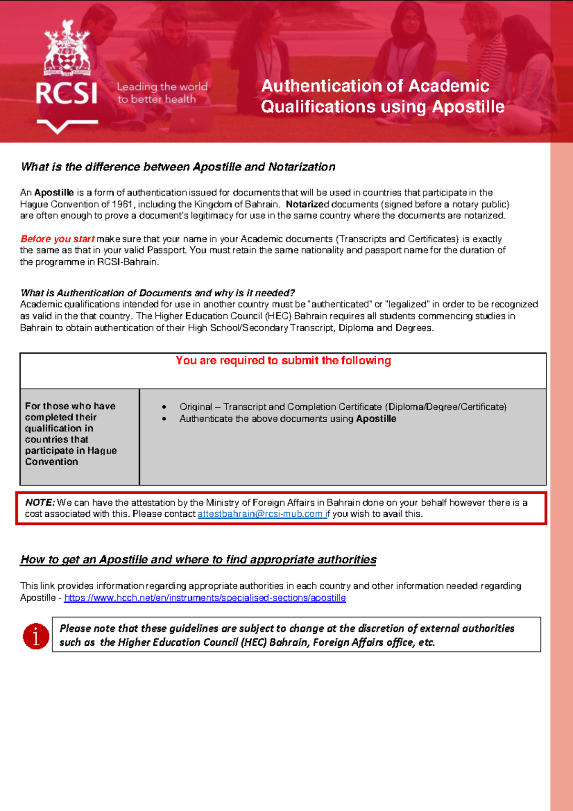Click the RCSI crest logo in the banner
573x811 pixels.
pos(67,50)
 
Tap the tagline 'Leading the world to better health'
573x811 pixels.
pos(162,93)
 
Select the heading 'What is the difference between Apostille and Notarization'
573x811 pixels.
pos(178,167)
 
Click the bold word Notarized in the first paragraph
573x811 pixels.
pos(307,204)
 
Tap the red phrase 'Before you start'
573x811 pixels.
pos(57,239)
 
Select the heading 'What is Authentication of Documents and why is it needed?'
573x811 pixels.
pos(158,293)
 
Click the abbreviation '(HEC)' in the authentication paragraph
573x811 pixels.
pos(277,316)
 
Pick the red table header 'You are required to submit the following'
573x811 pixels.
pos(283,361)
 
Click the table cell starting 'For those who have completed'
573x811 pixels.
pos(71,433)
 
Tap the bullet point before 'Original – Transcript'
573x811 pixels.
pos(164,407)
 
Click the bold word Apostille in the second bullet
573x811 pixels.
pos(376,419)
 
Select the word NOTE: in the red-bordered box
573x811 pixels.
pos(40,502)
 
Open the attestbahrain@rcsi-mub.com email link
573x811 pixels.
pos(262,514)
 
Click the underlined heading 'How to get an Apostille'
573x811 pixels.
pos(198,559)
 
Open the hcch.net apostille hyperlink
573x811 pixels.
pos(205,598)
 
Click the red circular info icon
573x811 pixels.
pos(36,636)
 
